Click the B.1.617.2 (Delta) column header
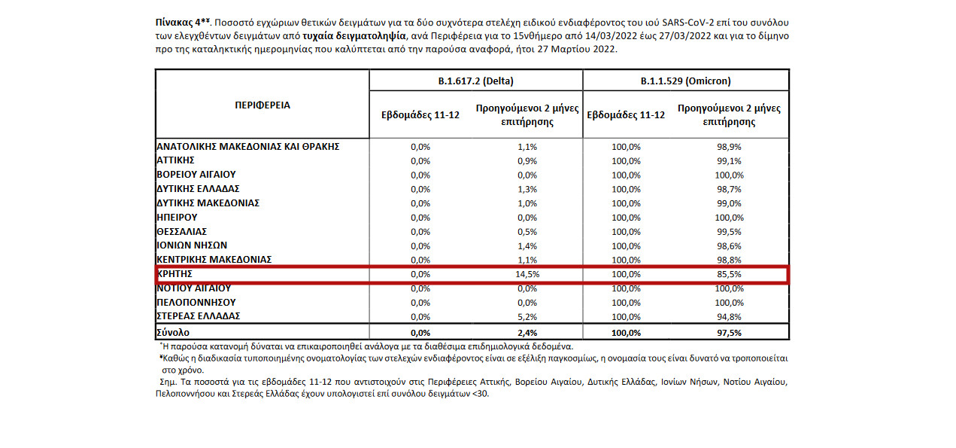pyautogui.click(x=475, y=81)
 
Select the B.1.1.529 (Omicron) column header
pyautogui.click(x=685, y=81)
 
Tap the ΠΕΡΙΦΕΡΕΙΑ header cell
pyautogui.click(x=262, y=105)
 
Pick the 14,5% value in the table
pyautogui.click(x=528, y=274)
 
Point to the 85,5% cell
pyautogui.click(x=729, y=274)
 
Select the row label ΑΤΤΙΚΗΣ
pyautogui.click(x=176, y=160)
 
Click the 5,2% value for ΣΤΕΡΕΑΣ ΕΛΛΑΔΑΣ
pyautogui.click(x=528, y=316)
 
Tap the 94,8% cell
pyautogui.click(x=729, y=316)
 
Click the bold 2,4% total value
pyautogui.click(x=528, y=332)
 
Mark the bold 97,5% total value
pyautogui.click(x=729, y=332)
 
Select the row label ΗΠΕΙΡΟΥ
pyautogui.click(x=177, y=217)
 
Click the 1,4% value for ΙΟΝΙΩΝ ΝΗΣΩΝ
pyautogui.click(x=528, y=245)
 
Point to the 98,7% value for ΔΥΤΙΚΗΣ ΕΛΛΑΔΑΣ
pyautogui.click(x=729, y=189)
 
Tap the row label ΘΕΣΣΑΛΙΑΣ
pyautogui.click(x=181, y=231)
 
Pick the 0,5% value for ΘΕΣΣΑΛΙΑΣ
pyautogui.click(x=528, y=231)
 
